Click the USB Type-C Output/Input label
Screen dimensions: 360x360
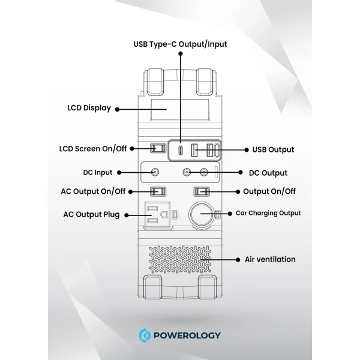180,44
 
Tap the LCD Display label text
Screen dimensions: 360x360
89,108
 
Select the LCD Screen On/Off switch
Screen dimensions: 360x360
158,148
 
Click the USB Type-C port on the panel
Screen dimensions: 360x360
181,151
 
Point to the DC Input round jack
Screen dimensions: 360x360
155,172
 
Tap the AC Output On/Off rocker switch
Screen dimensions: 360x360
158,191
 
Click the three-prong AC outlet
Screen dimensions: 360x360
157,215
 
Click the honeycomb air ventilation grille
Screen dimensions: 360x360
180,260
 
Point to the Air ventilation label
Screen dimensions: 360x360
270,259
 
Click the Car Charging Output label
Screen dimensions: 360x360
268,213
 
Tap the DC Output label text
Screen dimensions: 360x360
268,173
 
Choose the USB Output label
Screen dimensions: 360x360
273,149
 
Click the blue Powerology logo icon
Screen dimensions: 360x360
145,335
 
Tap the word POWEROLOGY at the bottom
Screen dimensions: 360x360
187,335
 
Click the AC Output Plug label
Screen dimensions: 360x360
91,214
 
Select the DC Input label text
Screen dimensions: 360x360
98,172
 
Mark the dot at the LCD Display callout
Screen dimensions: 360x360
118,110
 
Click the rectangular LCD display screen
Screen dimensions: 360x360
180,110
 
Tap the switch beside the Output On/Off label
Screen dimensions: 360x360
202,191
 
